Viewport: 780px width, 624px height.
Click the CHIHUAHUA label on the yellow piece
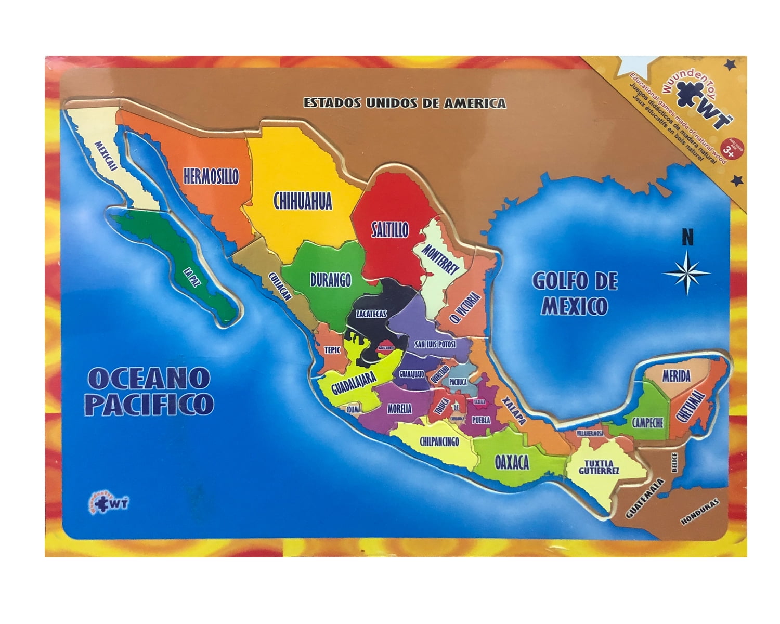(x=303, y=201)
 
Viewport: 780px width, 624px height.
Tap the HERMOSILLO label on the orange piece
(x=211, y=176)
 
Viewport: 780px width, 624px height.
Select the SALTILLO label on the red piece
(x=389, y=230)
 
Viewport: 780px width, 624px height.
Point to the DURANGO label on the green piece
(x=330, y=280)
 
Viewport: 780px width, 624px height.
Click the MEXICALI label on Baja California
(x=105, y=155)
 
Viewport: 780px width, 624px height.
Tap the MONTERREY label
(x=440, y=258)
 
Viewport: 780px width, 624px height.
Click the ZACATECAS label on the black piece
(x=371, y=314)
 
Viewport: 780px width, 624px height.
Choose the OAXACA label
(x=512, y=462)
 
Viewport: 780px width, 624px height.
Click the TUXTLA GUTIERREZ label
(x=601, y=466)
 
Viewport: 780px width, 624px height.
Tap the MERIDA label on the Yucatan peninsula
(x=676, y=375)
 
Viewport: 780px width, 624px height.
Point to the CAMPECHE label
(x=647, y=422)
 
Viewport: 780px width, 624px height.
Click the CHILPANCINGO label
(x=439, y=441)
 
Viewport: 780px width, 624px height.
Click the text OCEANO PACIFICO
(x=149, y=391)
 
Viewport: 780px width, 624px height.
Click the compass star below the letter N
(x=686, y=272)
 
